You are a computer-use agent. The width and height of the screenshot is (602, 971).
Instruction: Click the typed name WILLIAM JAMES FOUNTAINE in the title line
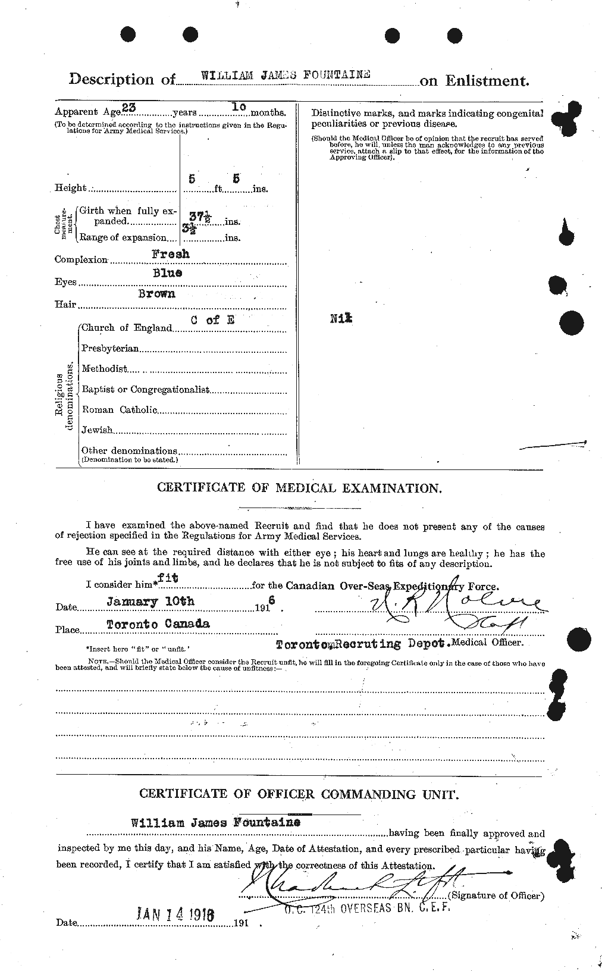[286, 76]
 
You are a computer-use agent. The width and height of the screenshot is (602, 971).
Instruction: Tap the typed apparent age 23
[128, 108]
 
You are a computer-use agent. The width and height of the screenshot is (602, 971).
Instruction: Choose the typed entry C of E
[212, 320]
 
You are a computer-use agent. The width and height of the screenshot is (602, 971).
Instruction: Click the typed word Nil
[341, 319]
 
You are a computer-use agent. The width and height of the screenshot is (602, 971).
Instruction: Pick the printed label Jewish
[97, 430]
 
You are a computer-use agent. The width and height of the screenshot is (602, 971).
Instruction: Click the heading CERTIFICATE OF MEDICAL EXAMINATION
[299, 488]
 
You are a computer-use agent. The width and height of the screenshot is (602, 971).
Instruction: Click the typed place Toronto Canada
[158, 625]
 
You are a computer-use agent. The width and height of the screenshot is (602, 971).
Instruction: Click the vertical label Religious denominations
[65, 394]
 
